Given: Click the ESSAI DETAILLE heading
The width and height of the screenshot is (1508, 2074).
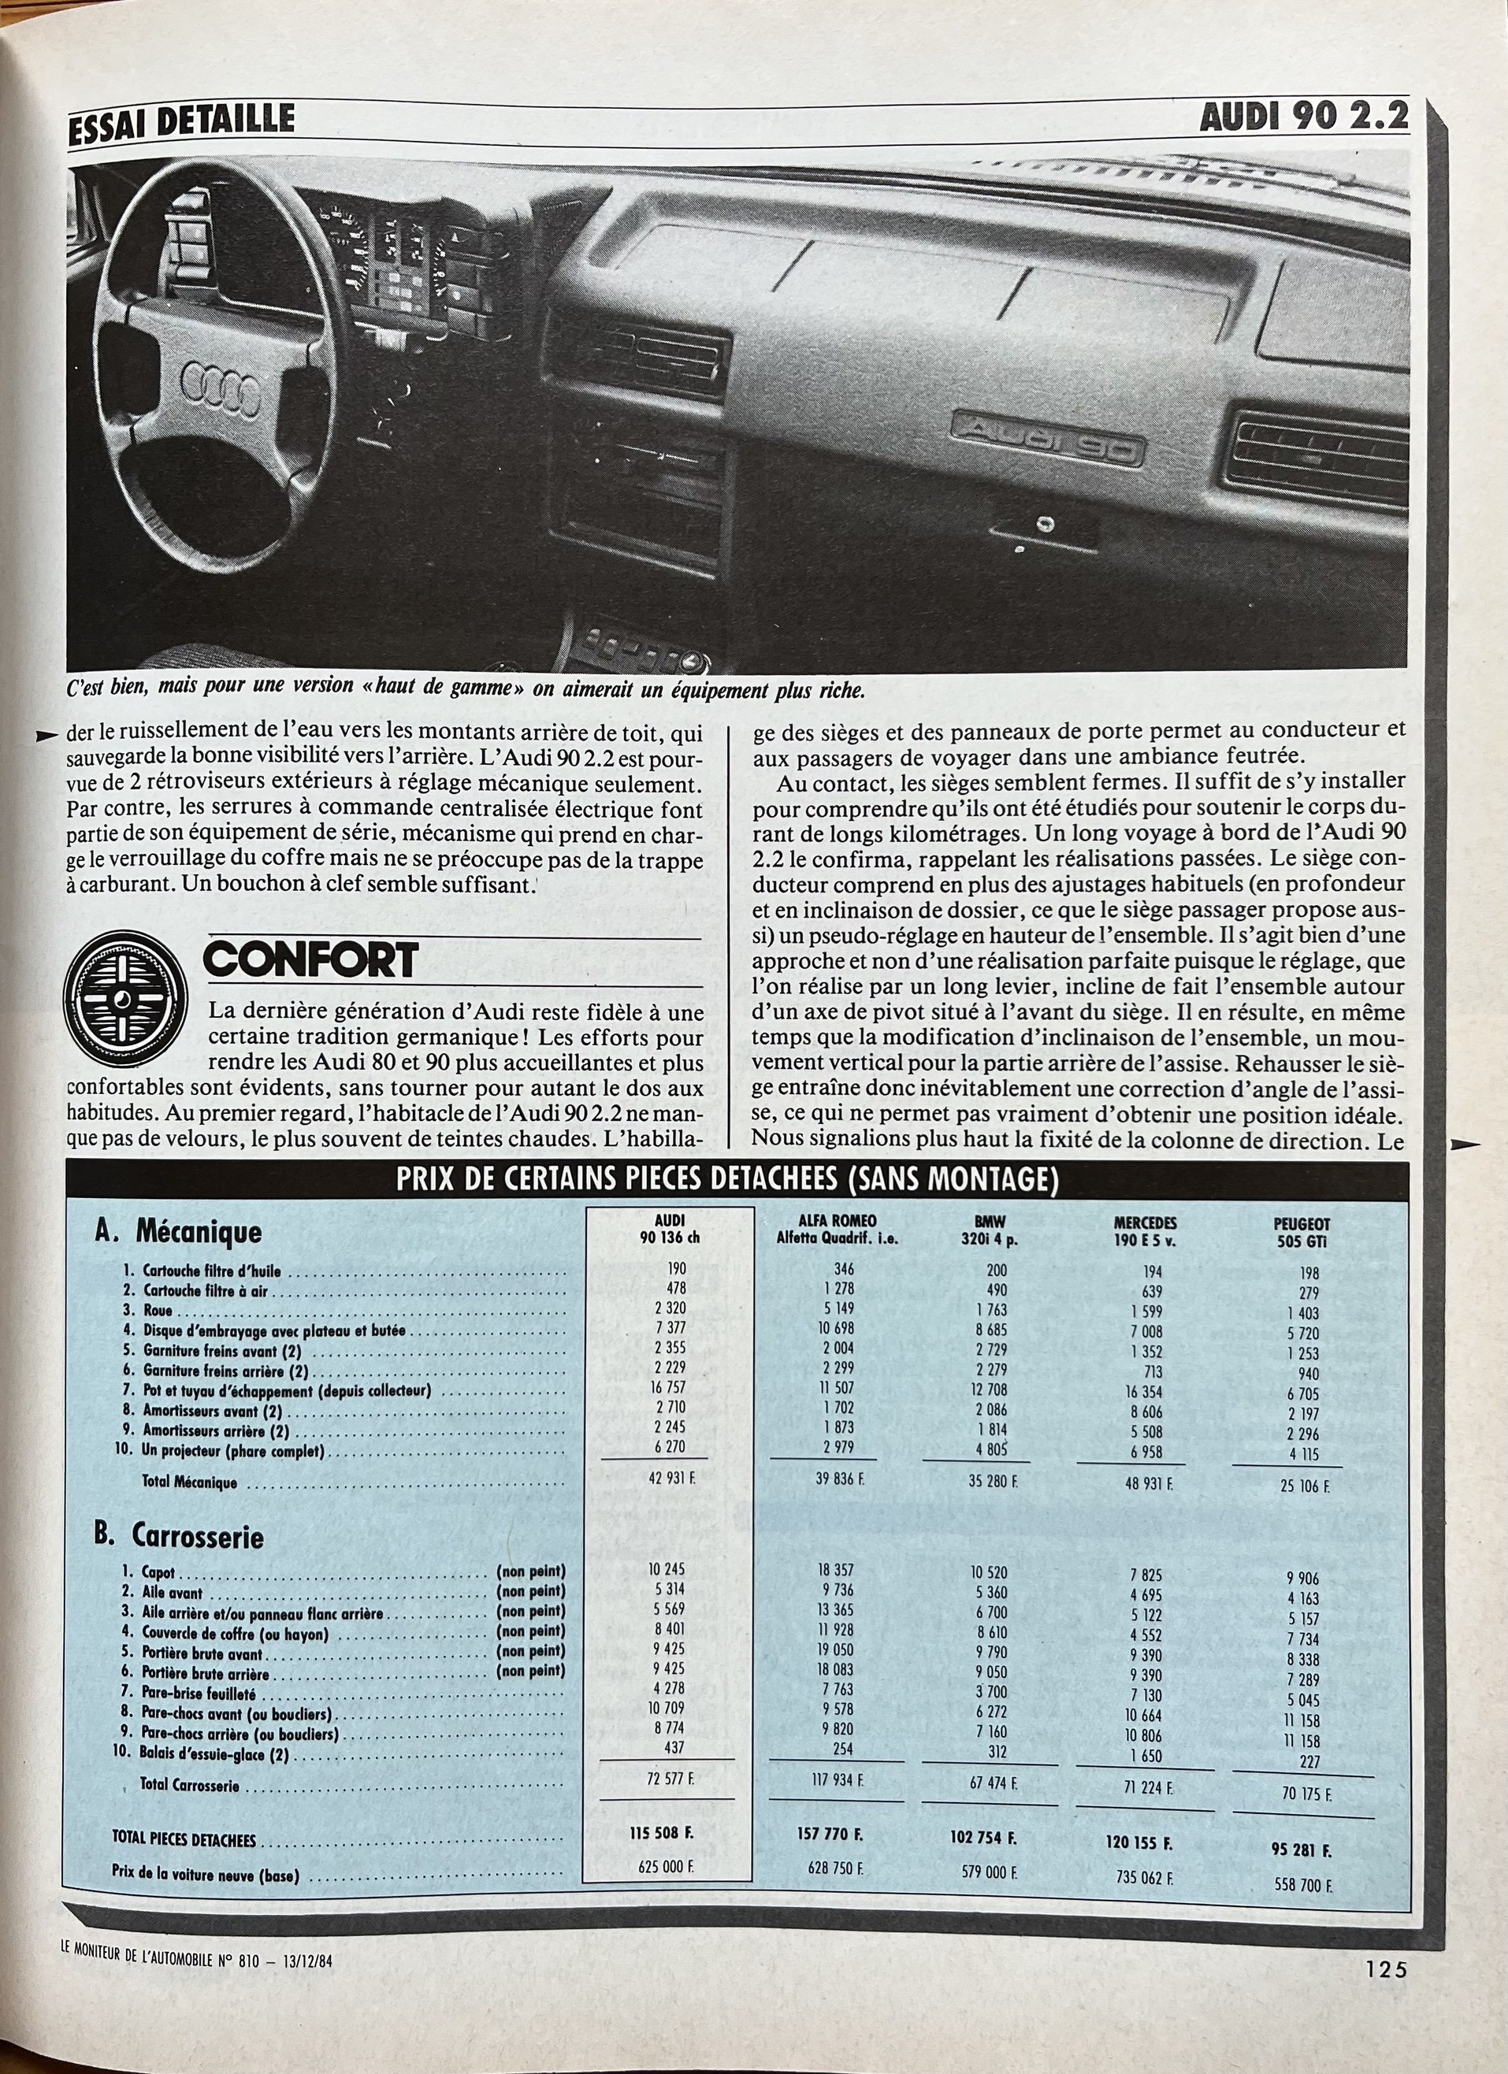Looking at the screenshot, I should click(182, 120).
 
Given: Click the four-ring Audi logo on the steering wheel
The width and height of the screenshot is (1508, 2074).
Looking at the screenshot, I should click(221, 388).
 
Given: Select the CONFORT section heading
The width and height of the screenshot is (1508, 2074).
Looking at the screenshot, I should click(311, 961).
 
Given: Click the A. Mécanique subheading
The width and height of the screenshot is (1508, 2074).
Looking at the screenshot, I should click(178, 1232).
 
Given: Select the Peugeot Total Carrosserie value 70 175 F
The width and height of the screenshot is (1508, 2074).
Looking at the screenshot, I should click(1306, 1794).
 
